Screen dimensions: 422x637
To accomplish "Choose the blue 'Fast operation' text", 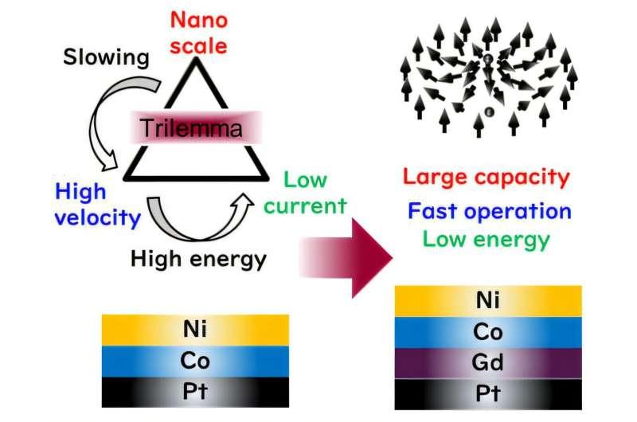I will coord(487,211).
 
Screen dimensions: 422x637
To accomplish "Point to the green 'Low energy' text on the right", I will coord(487,238).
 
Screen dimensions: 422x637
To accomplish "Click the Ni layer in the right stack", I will coord(487,299).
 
